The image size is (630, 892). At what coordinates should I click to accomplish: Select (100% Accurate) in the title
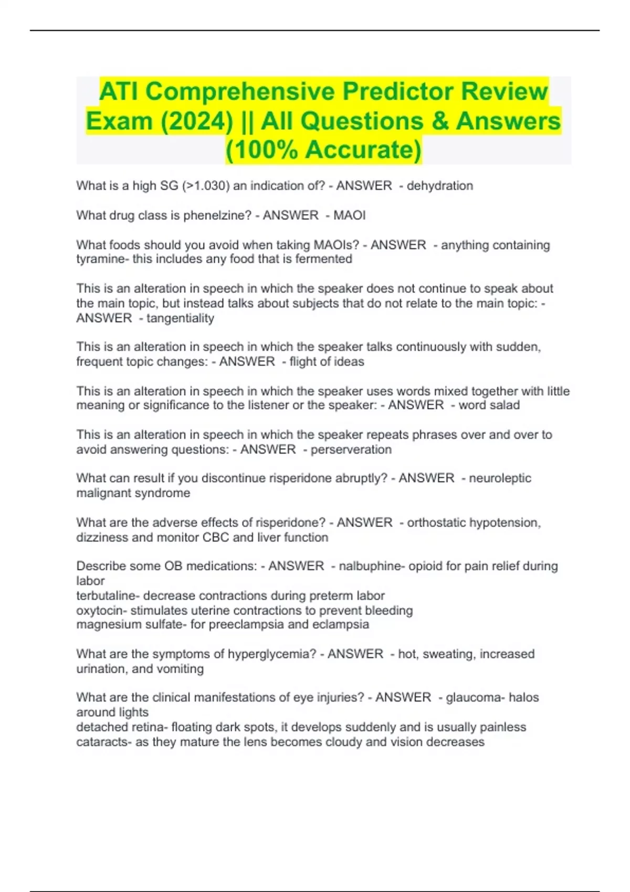[323, 150]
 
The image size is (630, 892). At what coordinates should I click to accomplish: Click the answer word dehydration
[440, 186]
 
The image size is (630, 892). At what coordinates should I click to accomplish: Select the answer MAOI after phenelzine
[350, 215]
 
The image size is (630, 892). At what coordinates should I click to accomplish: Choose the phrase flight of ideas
[327, 362]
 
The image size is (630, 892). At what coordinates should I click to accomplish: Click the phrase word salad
[489, 405]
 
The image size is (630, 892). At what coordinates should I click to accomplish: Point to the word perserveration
[351, 450]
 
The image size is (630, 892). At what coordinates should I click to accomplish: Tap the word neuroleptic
[500, 479]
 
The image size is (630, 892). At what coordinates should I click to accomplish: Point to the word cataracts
[102, 742]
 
